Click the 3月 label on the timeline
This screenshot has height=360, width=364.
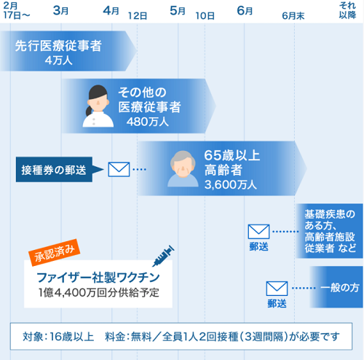tap(60, 11)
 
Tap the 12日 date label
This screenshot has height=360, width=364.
tap(138, 16)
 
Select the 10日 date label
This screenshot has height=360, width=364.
tap(205, 16)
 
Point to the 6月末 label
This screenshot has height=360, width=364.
tap(293, 16)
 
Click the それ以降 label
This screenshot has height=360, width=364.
tap(347, 10)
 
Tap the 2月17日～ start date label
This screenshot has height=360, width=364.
tap(17, 10)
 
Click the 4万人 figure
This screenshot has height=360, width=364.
tap(58, 60)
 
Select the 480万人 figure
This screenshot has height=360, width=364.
tap(148, 122)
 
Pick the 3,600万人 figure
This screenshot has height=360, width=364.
tap(231, 184)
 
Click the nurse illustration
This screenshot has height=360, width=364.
tap(98, 106)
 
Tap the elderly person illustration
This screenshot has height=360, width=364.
tap(183, 168)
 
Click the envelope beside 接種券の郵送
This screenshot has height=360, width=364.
tap(119, 169)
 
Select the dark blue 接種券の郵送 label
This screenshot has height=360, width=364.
tap(54, 170)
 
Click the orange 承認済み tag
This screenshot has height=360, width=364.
tap(55, 252)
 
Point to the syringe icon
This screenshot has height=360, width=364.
tap(163, 256)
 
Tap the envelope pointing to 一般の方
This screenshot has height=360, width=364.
tap(277, 289)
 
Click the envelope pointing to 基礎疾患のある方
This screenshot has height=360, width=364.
tap(258, 232)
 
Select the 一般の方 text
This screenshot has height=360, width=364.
tap(340, 288)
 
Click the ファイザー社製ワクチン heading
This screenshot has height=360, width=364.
tap(98, 278)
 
